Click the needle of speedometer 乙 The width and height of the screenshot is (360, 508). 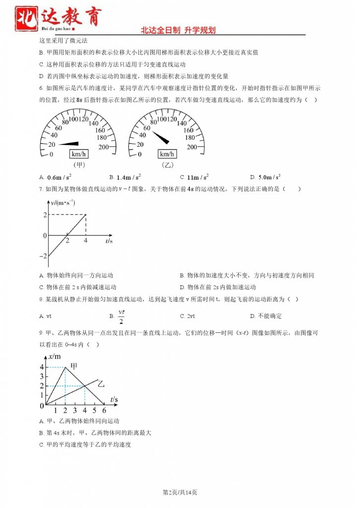click(160, 137)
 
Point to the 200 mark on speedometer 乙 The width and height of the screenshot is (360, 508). click(192, 147)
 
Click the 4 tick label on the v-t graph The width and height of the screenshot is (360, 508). click(85, 241)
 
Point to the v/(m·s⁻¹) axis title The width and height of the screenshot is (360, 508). click(63, 202)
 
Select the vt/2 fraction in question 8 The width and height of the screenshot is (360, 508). click(121, 315)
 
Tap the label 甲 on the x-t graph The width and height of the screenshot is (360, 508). click(74, 366)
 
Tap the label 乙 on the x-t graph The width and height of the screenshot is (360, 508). click(101, 383)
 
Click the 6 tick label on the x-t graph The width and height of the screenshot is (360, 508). click(104, 411)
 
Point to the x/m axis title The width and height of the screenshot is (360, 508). click(55, 356)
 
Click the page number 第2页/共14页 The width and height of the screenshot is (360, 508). click(180, 492)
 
